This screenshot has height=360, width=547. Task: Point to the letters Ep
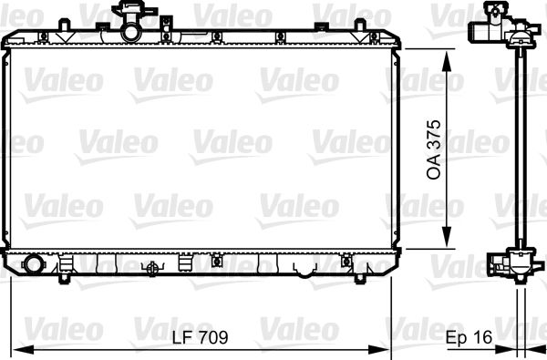point(456,337)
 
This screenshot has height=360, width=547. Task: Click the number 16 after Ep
point(482,337)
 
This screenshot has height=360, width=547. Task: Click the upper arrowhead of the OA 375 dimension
point(446,57)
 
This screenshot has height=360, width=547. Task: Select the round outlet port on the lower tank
point(34,265)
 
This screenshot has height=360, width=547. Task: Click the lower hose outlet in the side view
point(500,265)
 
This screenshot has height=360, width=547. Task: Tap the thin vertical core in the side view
point(518,146)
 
